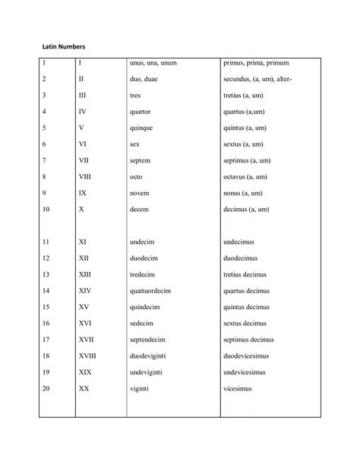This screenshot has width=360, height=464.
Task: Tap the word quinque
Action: [142, 127]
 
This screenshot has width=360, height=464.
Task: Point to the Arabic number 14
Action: [46, 291]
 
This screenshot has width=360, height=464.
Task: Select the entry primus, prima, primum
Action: [256, 62]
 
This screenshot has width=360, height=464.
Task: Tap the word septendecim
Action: [151, 339]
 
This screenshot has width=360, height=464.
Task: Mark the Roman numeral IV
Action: [83, 111]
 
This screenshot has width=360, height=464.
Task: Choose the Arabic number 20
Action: [46, 389]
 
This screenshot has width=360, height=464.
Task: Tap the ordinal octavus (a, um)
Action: [249, 176]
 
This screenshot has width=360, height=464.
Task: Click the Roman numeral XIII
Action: [85, 274]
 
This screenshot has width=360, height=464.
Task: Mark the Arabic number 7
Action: [45, 160]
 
